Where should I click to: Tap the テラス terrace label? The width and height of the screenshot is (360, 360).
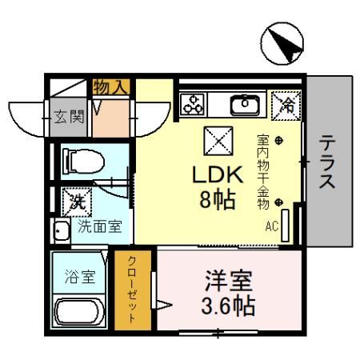tap(328, 162)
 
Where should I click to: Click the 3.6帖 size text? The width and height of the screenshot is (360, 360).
tap(228, 306)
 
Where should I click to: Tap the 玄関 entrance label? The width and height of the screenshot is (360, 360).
tap(69, 117)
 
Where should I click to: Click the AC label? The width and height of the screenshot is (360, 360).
tap(272, 226)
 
